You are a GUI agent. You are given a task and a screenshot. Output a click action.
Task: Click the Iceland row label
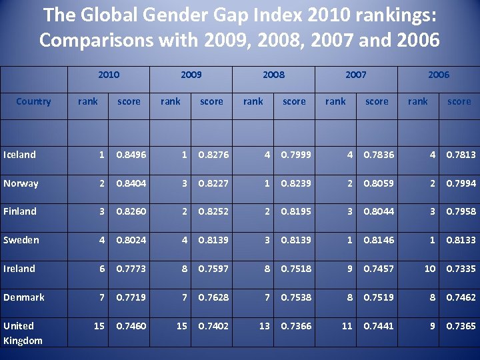pos(19,155)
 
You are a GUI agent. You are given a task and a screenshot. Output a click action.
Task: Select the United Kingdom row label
pos(23,333)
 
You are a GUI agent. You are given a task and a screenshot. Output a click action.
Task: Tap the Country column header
pos(33,101)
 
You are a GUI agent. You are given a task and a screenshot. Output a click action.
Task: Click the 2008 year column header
pos(273,75)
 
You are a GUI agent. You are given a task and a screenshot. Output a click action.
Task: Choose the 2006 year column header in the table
pos(438,75)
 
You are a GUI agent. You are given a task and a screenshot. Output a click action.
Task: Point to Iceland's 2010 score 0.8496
pos(131,155)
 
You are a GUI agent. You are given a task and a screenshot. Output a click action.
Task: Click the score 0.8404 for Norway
pos(131,183)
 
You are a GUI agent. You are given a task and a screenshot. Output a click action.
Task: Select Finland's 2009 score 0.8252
pos(214,211)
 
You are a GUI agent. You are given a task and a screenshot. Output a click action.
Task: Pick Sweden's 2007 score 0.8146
pos(379,240)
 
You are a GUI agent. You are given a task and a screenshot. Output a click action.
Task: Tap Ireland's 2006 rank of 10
pos(430,269)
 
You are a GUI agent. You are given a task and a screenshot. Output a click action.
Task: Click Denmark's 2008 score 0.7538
pos(296,297)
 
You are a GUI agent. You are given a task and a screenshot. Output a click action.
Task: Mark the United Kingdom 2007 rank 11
pos(347,326)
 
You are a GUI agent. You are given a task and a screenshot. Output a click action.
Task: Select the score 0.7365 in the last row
pos(461,326)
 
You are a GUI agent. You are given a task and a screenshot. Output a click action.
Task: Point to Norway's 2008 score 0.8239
pos(296,183)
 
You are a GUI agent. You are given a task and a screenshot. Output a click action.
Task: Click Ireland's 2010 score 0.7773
pos(131,269)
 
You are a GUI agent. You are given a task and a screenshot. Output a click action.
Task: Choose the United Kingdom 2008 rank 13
pos(265,326)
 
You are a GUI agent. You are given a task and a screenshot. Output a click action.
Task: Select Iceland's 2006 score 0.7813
pos(461,155)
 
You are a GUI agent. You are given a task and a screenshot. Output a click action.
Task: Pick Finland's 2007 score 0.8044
pos(379,211)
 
